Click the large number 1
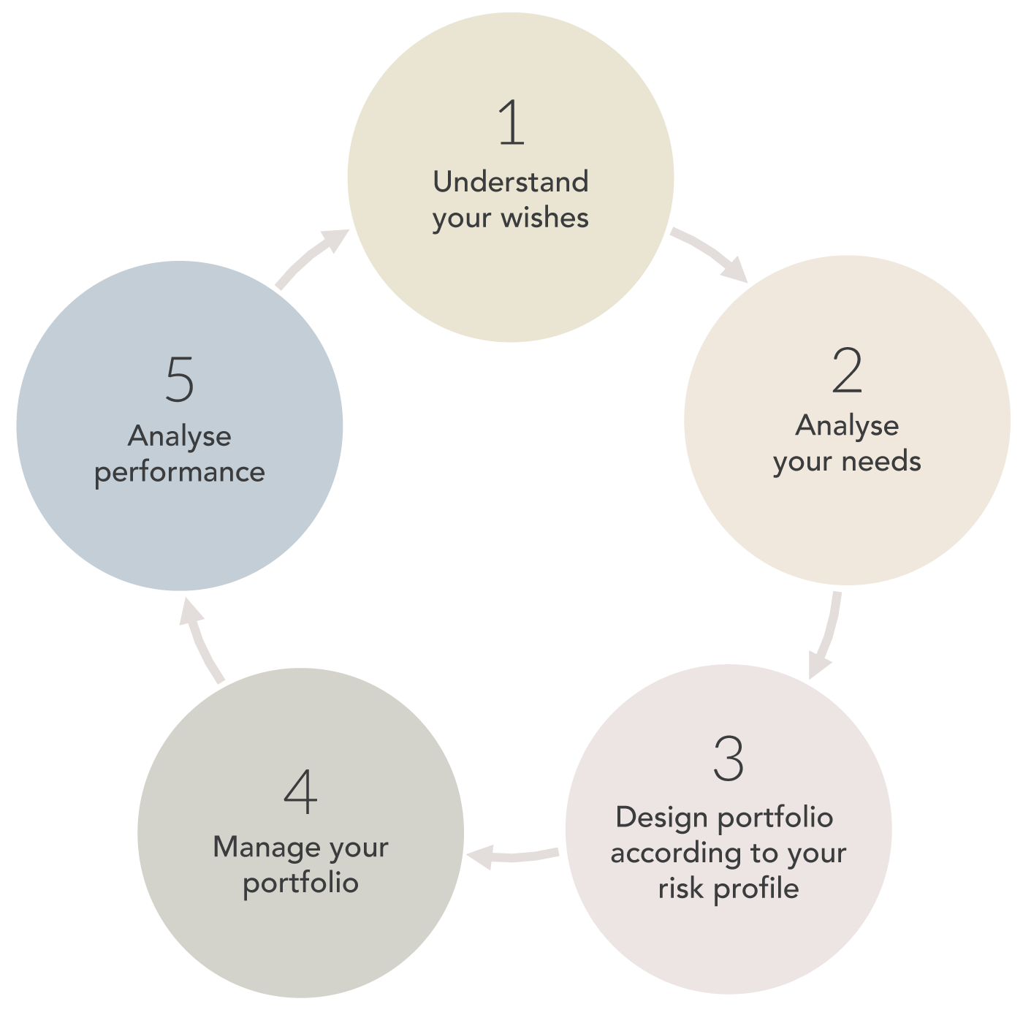point(512,123)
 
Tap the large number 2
point(848,371)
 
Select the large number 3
point(729,758)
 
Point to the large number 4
point(300,792)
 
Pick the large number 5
point(180,379)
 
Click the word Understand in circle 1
point(511,182)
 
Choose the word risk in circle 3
point(680,889)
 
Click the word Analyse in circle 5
point(180,436)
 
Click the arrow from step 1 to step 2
point(709,253)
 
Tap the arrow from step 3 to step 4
point(513,855)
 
